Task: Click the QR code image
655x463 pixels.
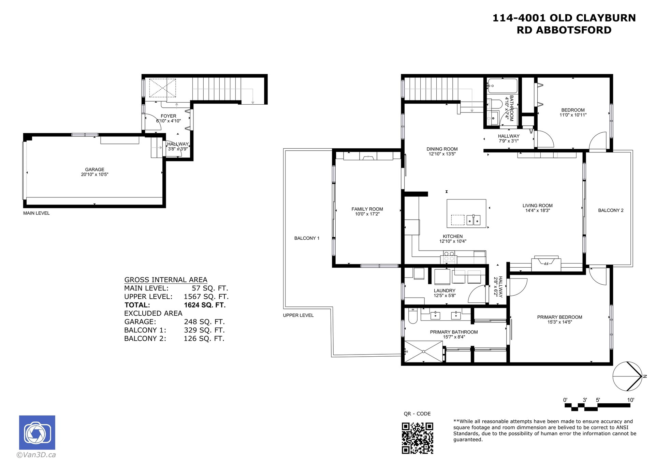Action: (417, 438)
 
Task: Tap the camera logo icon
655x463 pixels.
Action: (37, 432)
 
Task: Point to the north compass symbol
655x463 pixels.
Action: (628, 376)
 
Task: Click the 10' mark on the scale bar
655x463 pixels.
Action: (630, 400)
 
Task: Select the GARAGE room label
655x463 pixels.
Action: (95, 169)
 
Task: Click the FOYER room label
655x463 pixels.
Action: (169, 116)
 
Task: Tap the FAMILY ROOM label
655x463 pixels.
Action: (367, 209)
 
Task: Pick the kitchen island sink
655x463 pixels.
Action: (474, 220)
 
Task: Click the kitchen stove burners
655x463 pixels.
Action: (449, 256)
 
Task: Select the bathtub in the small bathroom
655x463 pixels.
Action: (503, 86)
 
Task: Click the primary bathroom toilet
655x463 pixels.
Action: (412, 316)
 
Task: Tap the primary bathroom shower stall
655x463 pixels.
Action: (423, 351)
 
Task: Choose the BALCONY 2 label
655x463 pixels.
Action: (611, 210)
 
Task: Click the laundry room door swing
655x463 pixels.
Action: (477, 294)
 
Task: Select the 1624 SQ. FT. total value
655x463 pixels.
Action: (205, 305)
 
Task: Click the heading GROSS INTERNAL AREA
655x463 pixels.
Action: (166, 280)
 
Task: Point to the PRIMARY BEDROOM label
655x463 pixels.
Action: (559, 317)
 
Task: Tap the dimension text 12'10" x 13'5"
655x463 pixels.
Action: (442, 154)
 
